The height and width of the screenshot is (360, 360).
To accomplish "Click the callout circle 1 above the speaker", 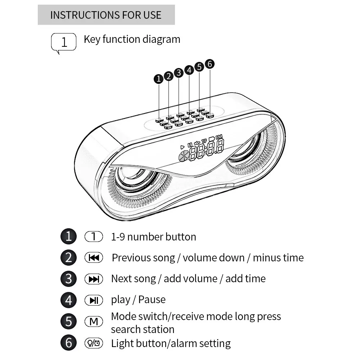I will pos(158,79).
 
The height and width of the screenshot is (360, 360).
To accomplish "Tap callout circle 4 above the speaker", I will pos(189,70).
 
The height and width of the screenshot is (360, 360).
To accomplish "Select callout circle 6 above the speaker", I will pos(210,64).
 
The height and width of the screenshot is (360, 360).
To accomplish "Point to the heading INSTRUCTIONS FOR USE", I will pos(106,15).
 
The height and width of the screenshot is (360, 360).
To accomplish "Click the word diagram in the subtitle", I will pos(161,39).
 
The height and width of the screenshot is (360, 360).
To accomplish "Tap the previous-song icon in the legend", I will pos(94,258).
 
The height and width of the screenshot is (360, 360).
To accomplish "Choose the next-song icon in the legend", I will pos(94,279).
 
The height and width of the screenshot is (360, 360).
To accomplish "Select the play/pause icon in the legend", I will pos(94,300).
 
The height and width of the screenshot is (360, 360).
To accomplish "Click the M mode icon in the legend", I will pos(94,321).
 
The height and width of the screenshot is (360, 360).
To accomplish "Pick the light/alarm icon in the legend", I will pos(94,343).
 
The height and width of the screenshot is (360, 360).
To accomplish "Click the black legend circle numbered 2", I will pos(68,258).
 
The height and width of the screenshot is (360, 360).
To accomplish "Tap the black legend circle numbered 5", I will pos(68,321).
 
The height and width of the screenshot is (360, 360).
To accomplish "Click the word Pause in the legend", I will pos(152,300).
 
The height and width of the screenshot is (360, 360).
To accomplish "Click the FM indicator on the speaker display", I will pos(219,136).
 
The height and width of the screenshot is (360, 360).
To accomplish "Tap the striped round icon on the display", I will pos(183,156).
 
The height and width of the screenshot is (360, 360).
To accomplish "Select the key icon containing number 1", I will pos(94,237).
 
